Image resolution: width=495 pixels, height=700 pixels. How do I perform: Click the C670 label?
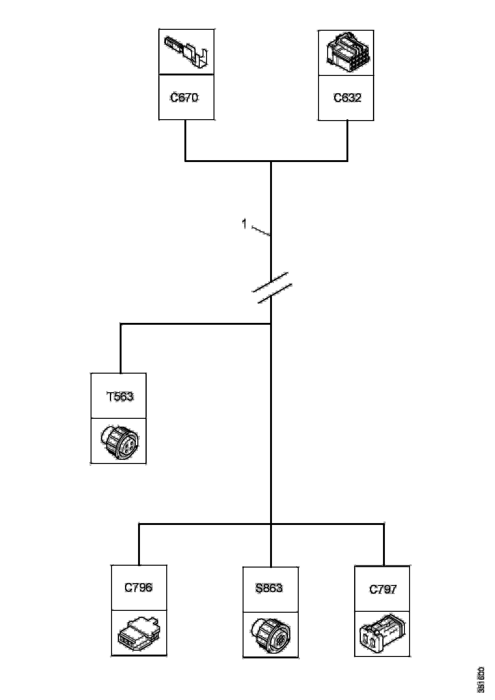click(x=184, y=98)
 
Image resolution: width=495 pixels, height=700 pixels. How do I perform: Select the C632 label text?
click(x=347, y=98)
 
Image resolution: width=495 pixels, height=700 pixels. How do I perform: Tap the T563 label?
click(x=119, y=397)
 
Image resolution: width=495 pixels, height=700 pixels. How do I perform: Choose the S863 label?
click(x=269, y=588)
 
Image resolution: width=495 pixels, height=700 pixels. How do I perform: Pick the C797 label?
click(x=383, y=589)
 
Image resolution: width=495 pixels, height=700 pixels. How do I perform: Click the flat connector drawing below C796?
click(x=139, y=632)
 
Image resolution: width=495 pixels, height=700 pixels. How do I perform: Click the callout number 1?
click(x=244, y=224)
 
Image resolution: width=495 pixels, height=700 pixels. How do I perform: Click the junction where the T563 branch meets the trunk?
click(x=271, y=324)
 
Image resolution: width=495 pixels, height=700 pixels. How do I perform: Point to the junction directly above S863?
click(x=271, y=524)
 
